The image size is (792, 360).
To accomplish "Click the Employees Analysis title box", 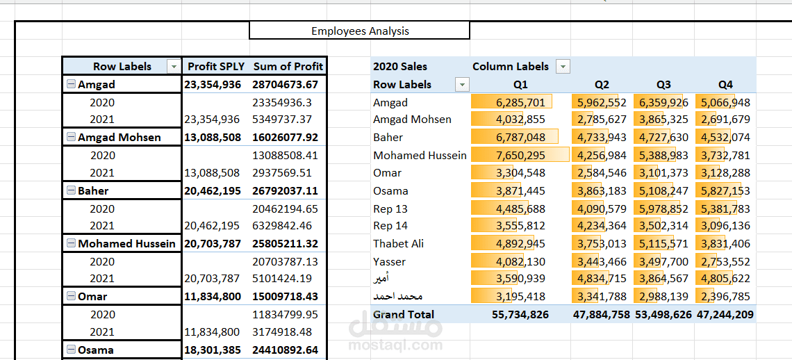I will point(359,31).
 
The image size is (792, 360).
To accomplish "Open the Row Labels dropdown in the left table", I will point(173,67).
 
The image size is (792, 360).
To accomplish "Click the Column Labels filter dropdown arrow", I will point(563,67).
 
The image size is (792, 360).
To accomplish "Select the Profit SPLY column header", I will point(216,67).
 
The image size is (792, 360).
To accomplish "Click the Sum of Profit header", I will point(288,67).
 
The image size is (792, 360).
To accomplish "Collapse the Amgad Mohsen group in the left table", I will point(71,138).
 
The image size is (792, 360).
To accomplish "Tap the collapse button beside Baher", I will point(71,190).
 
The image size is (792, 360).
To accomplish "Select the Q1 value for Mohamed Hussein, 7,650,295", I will point(520,155).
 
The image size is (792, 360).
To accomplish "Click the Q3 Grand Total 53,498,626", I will point(663,314).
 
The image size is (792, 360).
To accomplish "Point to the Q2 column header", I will point(602,85).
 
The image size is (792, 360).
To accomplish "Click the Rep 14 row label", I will point(390,225).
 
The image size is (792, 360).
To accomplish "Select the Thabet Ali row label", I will point(398,243).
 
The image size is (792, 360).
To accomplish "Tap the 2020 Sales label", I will point(400,67).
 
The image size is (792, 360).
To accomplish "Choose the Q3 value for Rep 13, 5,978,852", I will point(663,208).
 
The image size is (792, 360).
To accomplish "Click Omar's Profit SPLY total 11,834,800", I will point(213,297).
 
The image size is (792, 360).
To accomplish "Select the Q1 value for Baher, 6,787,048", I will point(520,138).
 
